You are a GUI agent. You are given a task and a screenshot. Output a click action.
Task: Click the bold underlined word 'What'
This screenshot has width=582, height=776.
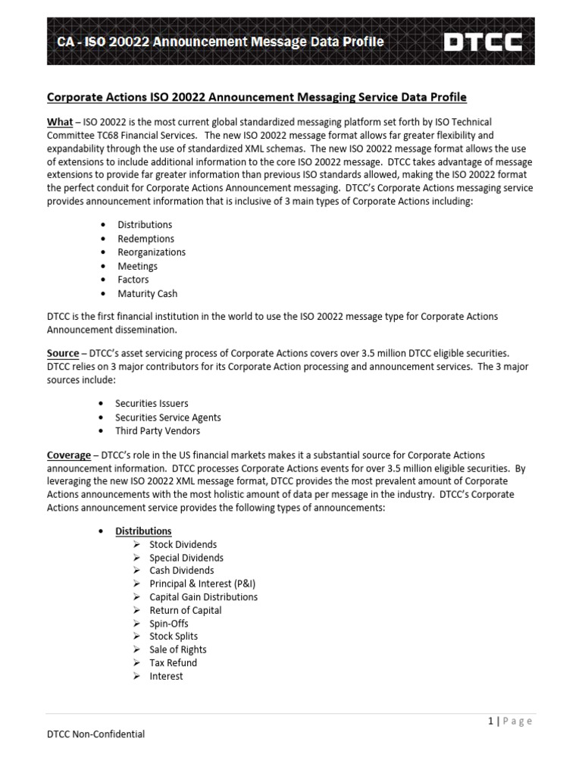click(60, 122)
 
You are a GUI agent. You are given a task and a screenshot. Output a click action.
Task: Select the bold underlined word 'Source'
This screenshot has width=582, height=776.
click(63, 353)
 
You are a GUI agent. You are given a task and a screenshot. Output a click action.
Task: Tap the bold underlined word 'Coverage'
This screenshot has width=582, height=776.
click(69, 455)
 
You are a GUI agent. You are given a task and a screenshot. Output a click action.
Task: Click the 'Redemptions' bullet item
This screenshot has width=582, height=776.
click(145, 239)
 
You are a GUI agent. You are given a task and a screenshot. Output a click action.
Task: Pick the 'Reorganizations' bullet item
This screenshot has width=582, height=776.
click(152, 252)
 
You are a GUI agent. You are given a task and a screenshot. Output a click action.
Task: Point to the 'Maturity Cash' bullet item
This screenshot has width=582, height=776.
click(147, 293)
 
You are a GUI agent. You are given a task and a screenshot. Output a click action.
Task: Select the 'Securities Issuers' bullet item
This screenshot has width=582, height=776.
click(152, 404)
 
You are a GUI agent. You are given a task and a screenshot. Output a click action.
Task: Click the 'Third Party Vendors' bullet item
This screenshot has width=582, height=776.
click(158, 431)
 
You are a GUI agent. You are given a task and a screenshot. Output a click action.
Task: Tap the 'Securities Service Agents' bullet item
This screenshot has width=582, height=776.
click(168, 418)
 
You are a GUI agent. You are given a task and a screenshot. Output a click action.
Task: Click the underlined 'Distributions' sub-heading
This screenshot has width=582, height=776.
click(143, 531)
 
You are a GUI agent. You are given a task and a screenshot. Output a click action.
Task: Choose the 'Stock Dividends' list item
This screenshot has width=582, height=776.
click(183, 545)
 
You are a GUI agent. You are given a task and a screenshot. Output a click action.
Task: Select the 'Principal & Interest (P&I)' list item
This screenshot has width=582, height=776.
click(197, 584)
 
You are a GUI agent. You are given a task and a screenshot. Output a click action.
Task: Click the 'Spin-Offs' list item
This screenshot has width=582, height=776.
click(169, 623)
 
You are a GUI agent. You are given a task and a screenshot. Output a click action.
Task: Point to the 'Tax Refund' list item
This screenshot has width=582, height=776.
click(173, 662)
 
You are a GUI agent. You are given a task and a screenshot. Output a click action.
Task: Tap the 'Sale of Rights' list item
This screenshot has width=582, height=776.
click(178, 649)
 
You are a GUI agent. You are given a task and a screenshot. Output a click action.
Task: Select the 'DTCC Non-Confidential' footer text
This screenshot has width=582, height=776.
click(95, 734)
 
